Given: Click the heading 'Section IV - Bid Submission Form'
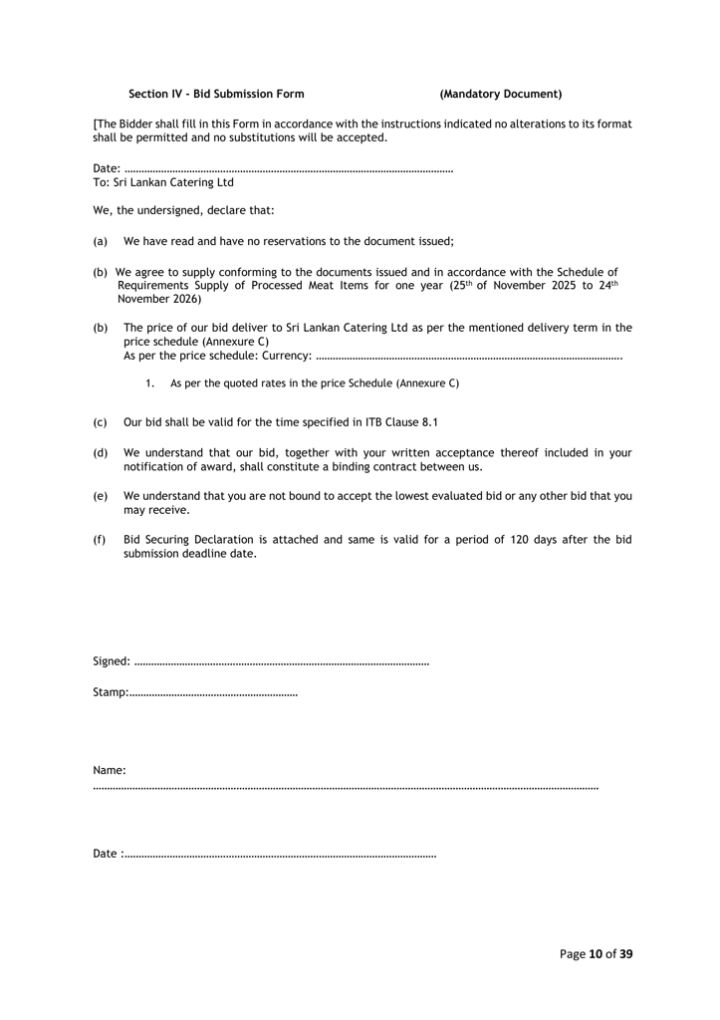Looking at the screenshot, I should pos(216,94).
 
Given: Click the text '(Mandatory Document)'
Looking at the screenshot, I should pos(500,94).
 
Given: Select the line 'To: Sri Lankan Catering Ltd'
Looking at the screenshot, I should pos(163,183).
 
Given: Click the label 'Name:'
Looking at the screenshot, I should pos(110,770).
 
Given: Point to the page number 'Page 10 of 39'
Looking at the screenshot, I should pos(596,953).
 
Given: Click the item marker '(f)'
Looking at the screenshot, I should pos(100,540).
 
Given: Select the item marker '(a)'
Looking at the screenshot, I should pos(100,242).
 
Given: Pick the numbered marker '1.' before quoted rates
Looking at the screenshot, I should pos(150,382).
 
